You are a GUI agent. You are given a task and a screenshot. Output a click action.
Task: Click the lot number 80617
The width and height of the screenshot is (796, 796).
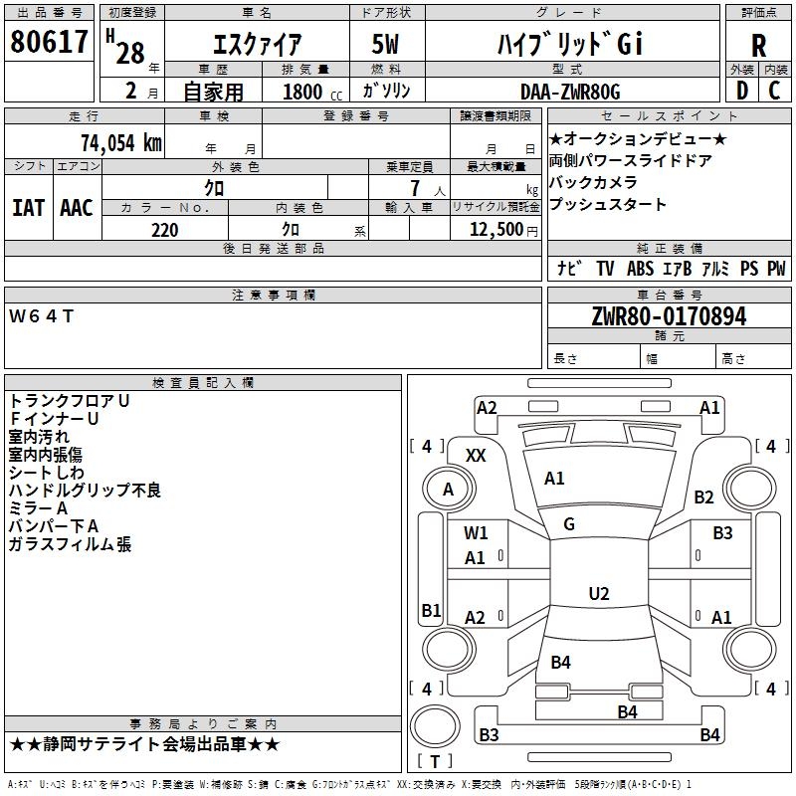tap(49, 41)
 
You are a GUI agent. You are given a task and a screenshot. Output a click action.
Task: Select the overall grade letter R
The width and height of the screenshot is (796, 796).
tap(758, 45)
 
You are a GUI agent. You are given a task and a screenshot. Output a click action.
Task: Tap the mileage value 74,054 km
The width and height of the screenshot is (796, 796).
tap(121, 142)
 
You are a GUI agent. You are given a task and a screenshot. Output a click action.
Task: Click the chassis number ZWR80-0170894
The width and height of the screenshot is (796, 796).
tap(669, 316)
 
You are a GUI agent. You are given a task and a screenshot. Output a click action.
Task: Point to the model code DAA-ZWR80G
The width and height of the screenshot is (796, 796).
tap(570, 92)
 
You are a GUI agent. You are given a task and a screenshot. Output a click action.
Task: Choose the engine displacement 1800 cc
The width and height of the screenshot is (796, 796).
tap(312, 92)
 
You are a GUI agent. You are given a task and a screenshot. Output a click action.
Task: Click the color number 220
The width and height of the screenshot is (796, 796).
tap(164, 230)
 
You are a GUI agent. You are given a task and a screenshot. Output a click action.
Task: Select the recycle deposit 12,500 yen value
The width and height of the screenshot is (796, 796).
tap(503, 230)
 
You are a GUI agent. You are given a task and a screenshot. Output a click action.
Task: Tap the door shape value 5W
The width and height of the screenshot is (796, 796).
tap(385, 44)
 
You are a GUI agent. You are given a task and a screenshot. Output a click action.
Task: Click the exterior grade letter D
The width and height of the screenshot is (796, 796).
tap(742, 91)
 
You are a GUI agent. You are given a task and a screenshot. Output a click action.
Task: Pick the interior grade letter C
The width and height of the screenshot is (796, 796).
tap(774, 91)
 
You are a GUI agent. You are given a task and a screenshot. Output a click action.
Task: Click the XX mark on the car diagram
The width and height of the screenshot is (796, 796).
tap(476, 456)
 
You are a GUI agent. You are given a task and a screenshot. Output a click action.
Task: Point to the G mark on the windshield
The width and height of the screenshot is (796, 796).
tap(569, 523)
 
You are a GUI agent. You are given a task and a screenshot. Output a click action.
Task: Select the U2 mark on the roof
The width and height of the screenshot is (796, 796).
tap(599, 593)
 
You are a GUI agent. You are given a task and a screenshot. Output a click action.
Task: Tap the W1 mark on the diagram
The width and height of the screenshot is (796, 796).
tap(476, 533)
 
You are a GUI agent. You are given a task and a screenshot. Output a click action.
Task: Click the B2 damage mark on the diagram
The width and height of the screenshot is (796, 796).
tap(703, 497)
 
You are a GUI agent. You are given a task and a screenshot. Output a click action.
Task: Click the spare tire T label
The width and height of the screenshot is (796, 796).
tap(435, 761)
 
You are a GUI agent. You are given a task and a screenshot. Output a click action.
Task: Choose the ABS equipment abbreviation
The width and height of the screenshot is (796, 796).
tap(640, 268)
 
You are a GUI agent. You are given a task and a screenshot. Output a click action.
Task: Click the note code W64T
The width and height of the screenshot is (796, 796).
tap(42, 316)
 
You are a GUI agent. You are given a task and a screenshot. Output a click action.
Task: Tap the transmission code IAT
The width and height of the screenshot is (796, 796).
tap(28, 208)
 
